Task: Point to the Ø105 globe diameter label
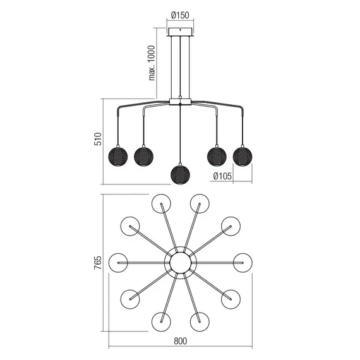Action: click(222, 176)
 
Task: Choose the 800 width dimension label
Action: click(180, 342)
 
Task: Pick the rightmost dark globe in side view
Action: click(242, 154)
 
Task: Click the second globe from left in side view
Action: click(143, 154)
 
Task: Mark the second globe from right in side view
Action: click(217, 154)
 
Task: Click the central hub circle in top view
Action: click(180, 262)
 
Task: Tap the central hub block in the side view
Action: click(180, 100)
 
